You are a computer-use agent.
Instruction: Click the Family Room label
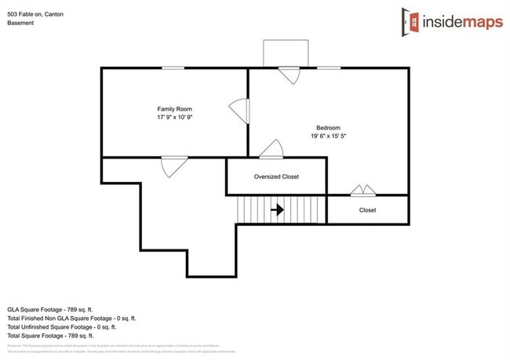[174, 109]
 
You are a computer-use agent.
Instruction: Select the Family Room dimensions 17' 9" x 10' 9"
[174, 118]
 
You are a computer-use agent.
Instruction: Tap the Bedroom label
[328, 128]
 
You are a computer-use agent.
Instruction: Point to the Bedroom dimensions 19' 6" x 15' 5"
[328, 136]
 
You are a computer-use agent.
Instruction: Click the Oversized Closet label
[276, 176]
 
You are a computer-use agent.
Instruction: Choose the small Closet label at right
[367, 210]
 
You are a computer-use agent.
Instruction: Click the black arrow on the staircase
[277, 210]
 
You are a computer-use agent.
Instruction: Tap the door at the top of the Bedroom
[290, 75]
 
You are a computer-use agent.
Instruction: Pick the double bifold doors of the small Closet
[362, 190]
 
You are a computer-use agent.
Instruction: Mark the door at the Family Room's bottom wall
[173, 165]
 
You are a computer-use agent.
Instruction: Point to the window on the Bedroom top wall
[329, 68]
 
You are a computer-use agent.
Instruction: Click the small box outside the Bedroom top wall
[280, 54]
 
